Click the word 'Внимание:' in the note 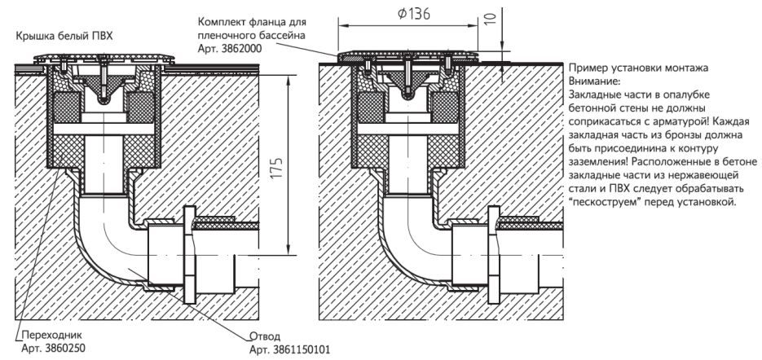pos(594,81)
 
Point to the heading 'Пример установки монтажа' pos(638,68)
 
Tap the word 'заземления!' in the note pos(600,161)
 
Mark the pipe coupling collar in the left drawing pos(188,252)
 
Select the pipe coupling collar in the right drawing pos(494,252)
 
